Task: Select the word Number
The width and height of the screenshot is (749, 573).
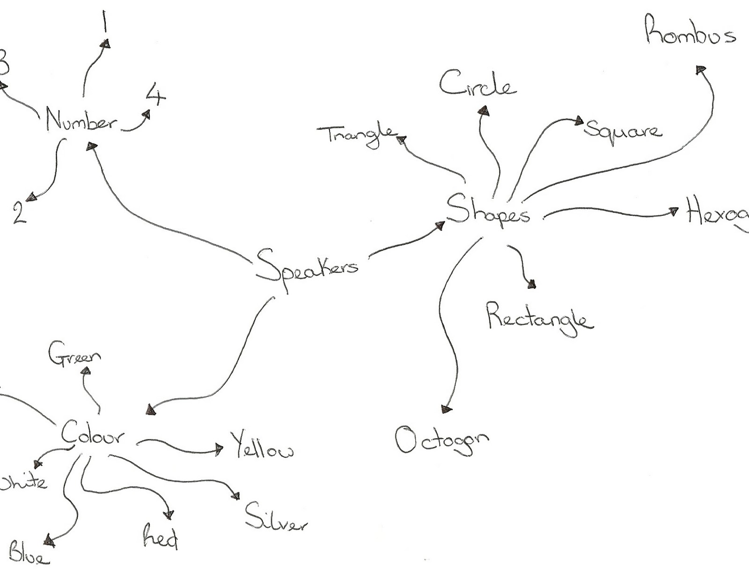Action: (81, 120)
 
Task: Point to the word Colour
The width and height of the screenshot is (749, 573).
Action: (93, 435)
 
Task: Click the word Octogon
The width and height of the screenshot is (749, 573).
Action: (441, 440)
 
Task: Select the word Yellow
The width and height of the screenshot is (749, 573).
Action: (262, 447)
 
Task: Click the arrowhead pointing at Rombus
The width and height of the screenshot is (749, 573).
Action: (700, 70)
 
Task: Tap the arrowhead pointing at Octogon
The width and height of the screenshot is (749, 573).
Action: (447, 410)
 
